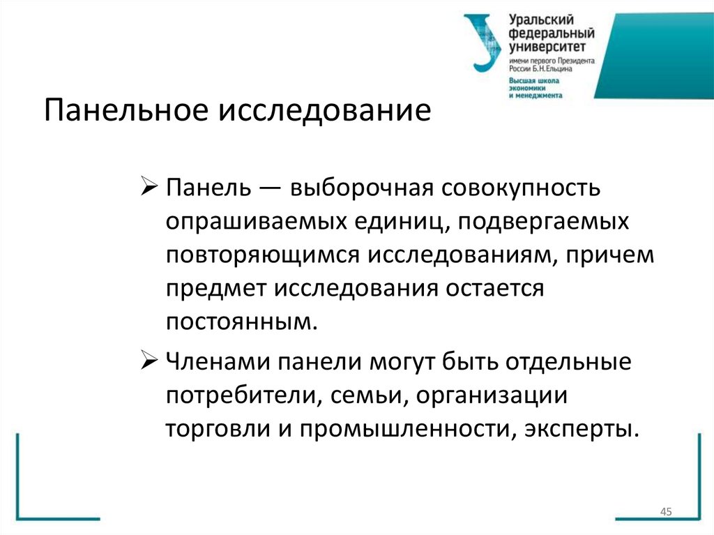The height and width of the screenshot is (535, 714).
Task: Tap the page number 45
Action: [x=665, y=513]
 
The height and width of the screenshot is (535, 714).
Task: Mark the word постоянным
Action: [x=241, y=322]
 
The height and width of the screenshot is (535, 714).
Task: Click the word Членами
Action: [x=218, y=362]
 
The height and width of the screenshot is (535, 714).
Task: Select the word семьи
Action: [x=360, y=395]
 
